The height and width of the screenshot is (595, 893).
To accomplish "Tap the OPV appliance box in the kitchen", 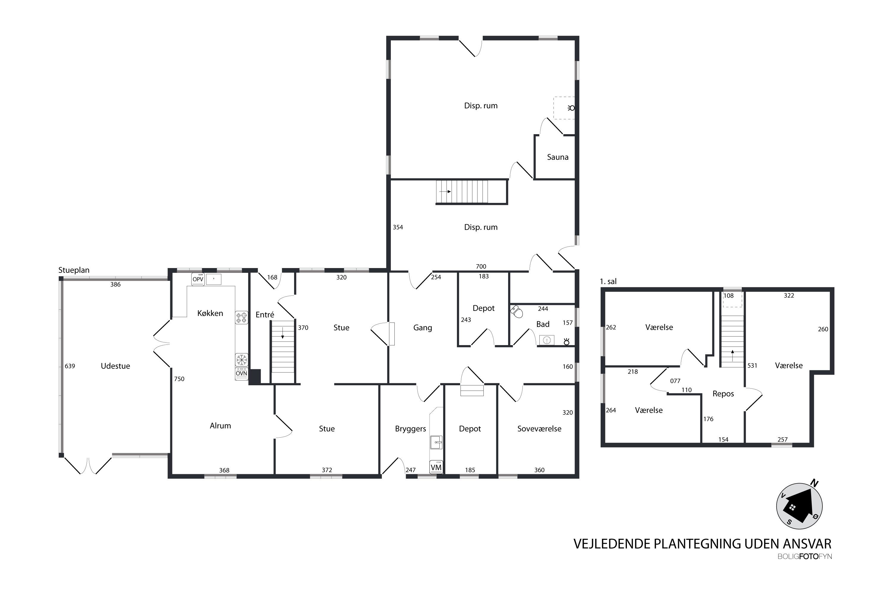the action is [x=198, y=279].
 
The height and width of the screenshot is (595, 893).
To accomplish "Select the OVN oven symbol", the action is [x=241, y=373].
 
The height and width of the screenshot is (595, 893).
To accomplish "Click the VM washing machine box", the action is [x=436, y=467].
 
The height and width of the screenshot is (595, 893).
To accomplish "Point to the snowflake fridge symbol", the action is [x=241, y=360].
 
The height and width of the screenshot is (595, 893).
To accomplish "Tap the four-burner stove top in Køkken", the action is [x=241, y=317].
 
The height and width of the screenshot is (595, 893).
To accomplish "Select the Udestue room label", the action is [x=115, y=366].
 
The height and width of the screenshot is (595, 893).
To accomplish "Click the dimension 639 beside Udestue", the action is [x=70, y=366].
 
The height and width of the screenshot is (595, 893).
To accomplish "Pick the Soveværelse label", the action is [x=539, y=429].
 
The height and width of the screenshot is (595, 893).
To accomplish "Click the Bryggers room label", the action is [x=410, y=429].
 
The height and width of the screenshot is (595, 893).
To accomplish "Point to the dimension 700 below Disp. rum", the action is [x=481, y=266].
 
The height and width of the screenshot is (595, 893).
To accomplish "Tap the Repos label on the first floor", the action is [x=723, y=394].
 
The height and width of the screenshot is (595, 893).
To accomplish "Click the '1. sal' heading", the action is [x=608, y=281].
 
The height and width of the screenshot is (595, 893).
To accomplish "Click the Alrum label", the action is [x=220, y=426].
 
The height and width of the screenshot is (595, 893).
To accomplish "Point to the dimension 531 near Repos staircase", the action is [x=752, y=366].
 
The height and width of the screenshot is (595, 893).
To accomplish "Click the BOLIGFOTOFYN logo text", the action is [x=805, y=557].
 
